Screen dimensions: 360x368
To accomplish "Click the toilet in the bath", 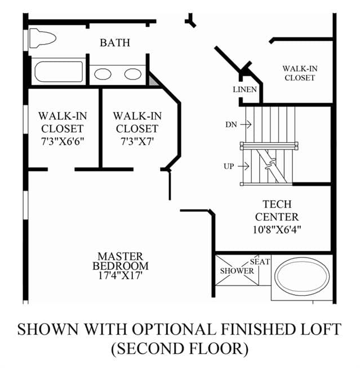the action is pos(43,38).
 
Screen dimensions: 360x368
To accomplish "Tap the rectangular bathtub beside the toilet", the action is pos(59,72).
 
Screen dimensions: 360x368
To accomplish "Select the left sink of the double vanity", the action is pos(103,74).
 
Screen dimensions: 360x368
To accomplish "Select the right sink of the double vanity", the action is pos(133,74).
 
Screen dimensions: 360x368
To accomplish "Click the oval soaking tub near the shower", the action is pos(303,276).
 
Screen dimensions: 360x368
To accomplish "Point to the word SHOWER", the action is pos(237,271).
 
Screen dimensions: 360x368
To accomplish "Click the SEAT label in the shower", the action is pos(260,261).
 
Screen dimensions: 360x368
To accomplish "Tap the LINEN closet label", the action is pos(245,90).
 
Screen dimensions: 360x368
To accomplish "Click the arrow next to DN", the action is pos(246,124).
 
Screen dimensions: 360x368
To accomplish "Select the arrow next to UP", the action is pos(243,166).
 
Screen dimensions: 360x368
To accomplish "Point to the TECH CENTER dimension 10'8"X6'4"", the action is pos(277,229).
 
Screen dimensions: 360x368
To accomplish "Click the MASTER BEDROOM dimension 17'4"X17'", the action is pos(121,276).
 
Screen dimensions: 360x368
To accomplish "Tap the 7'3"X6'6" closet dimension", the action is pos(63,141).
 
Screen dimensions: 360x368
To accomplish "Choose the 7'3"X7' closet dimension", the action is pos(137,141).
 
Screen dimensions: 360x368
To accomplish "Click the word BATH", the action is pos(115,43).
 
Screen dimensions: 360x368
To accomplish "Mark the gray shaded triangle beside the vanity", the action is pos(152,80).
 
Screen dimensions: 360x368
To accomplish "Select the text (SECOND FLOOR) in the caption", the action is pos(180,348).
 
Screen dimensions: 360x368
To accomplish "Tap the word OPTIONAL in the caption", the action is pos(174,329).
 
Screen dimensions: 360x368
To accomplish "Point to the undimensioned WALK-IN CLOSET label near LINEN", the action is pos(300,73).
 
